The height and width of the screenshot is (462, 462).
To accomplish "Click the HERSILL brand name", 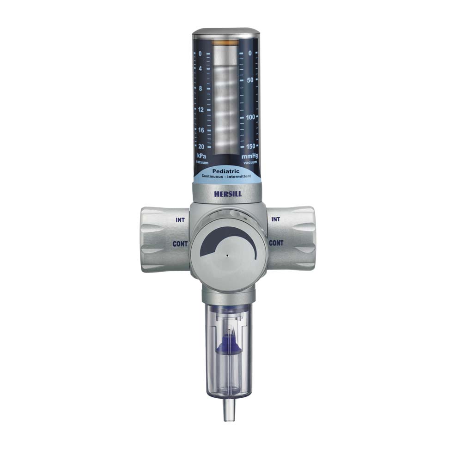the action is [228, 194].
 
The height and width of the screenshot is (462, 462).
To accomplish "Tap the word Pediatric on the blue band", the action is [226, 171].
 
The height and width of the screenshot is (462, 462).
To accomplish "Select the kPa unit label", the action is [201, 156].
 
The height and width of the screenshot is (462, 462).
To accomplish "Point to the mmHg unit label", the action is [249, 156].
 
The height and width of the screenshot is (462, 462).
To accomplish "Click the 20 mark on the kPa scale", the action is [201, 146].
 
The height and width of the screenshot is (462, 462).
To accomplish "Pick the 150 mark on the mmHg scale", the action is [250, 146].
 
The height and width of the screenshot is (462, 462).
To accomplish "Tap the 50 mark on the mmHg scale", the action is [250, 80].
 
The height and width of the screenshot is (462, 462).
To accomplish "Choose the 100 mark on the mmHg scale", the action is [250, 117].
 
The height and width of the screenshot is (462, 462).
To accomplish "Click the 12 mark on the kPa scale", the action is [201, 110].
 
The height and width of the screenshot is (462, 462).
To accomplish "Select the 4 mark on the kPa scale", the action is [201, 69].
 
